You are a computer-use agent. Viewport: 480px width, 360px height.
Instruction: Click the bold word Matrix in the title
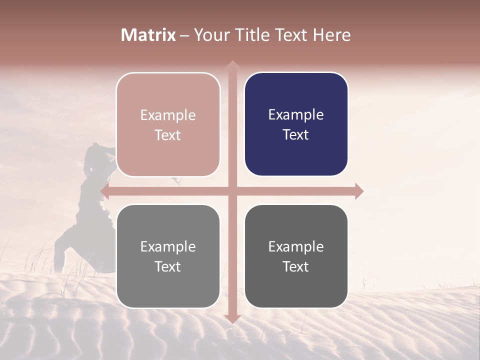pyautogui.click(x=148, y=35)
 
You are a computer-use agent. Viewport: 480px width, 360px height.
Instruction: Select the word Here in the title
pyautogui.click(x=332, y=35)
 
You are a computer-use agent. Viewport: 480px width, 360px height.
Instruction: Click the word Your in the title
pyautogui.click(x=209, y=35)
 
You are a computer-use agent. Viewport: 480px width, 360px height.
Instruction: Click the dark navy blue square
pyautogui.click(x=296, y=124)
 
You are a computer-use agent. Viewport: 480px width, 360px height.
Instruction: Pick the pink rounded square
pyautogui.click(x=168, y=124)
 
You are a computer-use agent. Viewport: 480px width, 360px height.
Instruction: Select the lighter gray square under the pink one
pyautogui.click(x=168, y=256)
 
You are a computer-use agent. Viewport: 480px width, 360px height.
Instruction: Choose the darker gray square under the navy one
pyautogui.click(x=296, y=256)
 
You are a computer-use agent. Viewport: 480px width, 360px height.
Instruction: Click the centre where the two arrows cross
pyautogui.click(x=232, y=191)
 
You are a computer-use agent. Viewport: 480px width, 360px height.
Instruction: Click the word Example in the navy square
pyautogui.click(x=296, y=115)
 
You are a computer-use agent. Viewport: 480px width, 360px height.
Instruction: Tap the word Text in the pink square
pyautogui.click(x=168, y=135)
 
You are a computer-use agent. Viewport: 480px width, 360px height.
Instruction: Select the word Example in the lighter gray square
pyautogui.click(x=168, y=246)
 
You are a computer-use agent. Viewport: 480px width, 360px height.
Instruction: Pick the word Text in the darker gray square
pyautogui.click(x=296, y=266)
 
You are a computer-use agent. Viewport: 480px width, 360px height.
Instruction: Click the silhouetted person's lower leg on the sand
pyautogui.click(x=60, y=257)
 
